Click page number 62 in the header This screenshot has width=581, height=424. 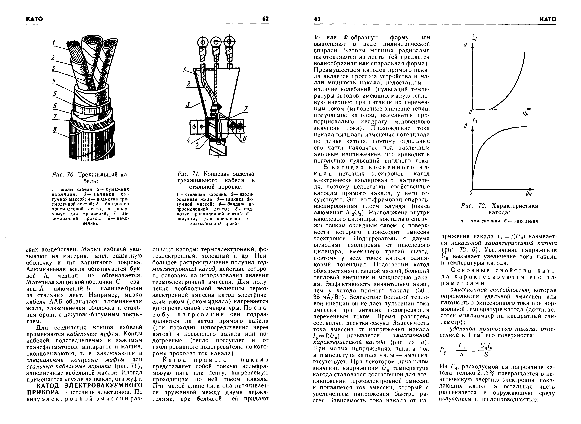pos(265,19)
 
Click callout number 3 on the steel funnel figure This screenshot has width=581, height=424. pos(188,105)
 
